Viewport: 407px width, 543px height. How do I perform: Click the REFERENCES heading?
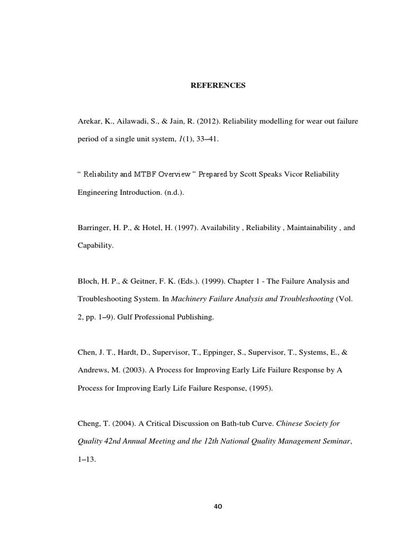pyautogui.click(x=218, y=85)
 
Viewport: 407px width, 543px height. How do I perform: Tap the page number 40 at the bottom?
pyautogui.click(x=218, y=506)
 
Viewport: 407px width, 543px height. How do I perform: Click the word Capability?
pyautogui.click(x=95, y=246)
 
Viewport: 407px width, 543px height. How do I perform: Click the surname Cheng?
pyautogui.click(x=88, y=424)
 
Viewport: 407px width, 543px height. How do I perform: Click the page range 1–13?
pyautogui.click(x=86, y=460)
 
